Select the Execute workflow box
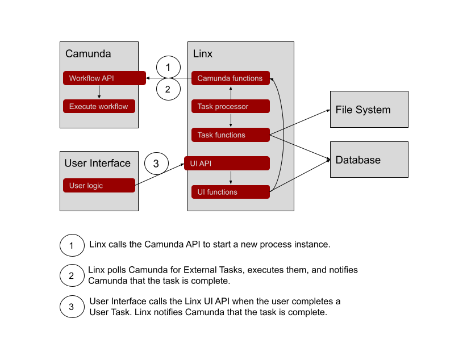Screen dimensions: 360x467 point(99,106)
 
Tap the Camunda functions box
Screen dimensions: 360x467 point(230,78)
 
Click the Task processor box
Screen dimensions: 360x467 point(230,106)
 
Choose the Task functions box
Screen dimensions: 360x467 point(230,135)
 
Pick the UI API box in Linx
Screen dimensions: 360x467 point(226,163)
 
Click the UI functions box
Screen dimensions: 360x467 point(230,192)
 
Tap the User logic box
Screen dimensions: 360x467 point(99,186)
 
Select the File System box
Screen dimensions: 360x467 point(369,110)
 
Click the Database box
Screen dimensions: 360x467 point(369,160)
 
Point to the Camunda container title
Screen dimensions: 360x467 point(88,54)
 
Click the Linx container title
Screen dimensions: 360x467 point(203,54)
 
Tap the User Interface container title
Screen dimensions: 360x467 point(98,164)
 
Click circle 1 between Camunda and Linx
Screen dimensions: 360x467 point(168,68)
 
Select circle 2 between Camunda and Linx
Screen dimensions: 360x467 point(168,89)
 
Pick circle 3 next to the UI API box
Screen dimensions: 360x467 point(157,164)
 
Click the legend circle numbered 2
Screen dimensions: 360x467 point(72,276)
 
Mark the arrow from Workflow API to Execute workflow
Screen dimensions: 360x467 point(99,92)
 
